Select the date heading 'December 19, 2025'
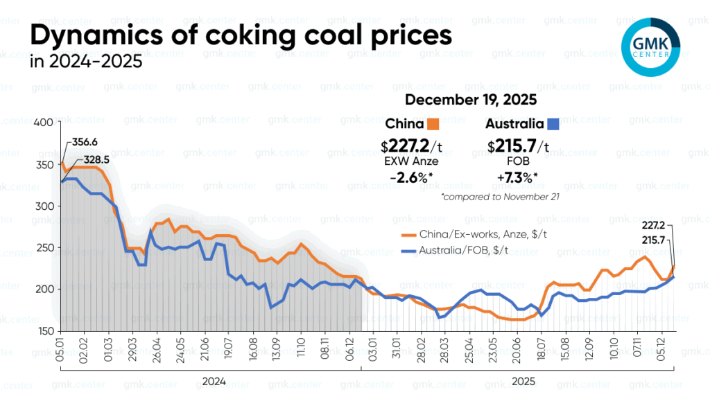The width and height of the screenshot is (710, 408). click(x=470, y=100)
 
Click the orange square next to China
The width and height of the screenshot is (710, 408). click(x=434, y=125)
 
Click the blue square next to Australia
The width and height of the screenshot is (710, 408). click(x=553, y=125)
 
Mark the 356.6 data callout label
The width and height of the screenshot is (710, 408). click(x=85, y=142)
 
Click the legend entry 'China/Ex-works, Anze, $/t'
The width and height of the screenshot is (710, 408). click(x=479, y=235)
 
